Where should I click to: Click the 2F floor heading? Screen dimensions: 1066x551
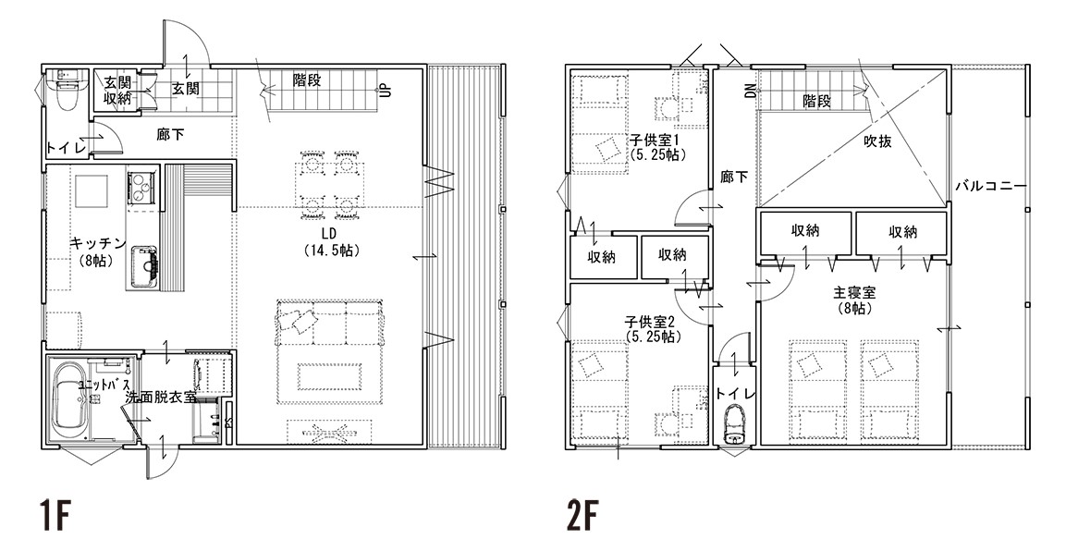point(582,518)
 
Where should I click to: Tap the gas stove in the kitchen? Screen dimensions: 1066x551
point(140,184)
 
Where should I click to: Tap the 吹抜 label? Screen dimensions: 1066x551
point(877,141)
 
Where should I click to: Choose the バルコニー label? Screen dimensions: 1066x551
point(990,186)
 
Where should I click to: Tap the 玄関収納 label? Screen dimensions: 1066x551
point(116,90)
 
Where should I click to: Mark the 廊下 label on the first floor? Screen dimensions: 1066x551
point(170,135)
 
